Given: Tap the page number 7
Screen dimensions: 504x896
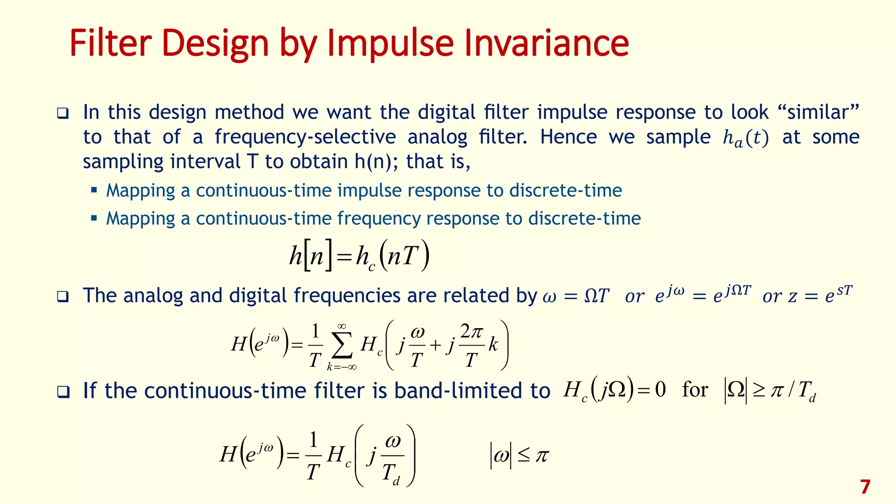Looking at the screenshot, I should tap(865, 487).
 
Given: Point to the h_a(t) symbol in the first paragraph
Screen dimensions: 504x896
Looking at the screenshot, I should tap(745, 138).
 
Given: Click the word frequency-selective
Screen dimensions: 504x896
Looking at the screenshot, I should tap(305, 137).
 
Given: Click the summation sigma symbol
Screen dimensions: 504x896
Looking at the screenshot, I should tap(342, 347).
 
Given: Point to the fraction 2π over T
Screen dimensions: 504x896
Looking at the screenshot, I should tap(471, 346).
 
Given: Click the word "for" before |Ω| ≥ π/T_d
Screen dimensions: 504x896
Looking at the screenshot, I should tap(695, 389).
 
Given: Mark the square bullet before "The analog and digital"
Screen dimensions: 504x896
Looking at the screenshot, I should tap(63, 297).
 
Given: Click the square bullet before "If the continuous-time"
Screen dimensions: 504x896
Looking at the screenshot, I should tap(63, 392).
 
